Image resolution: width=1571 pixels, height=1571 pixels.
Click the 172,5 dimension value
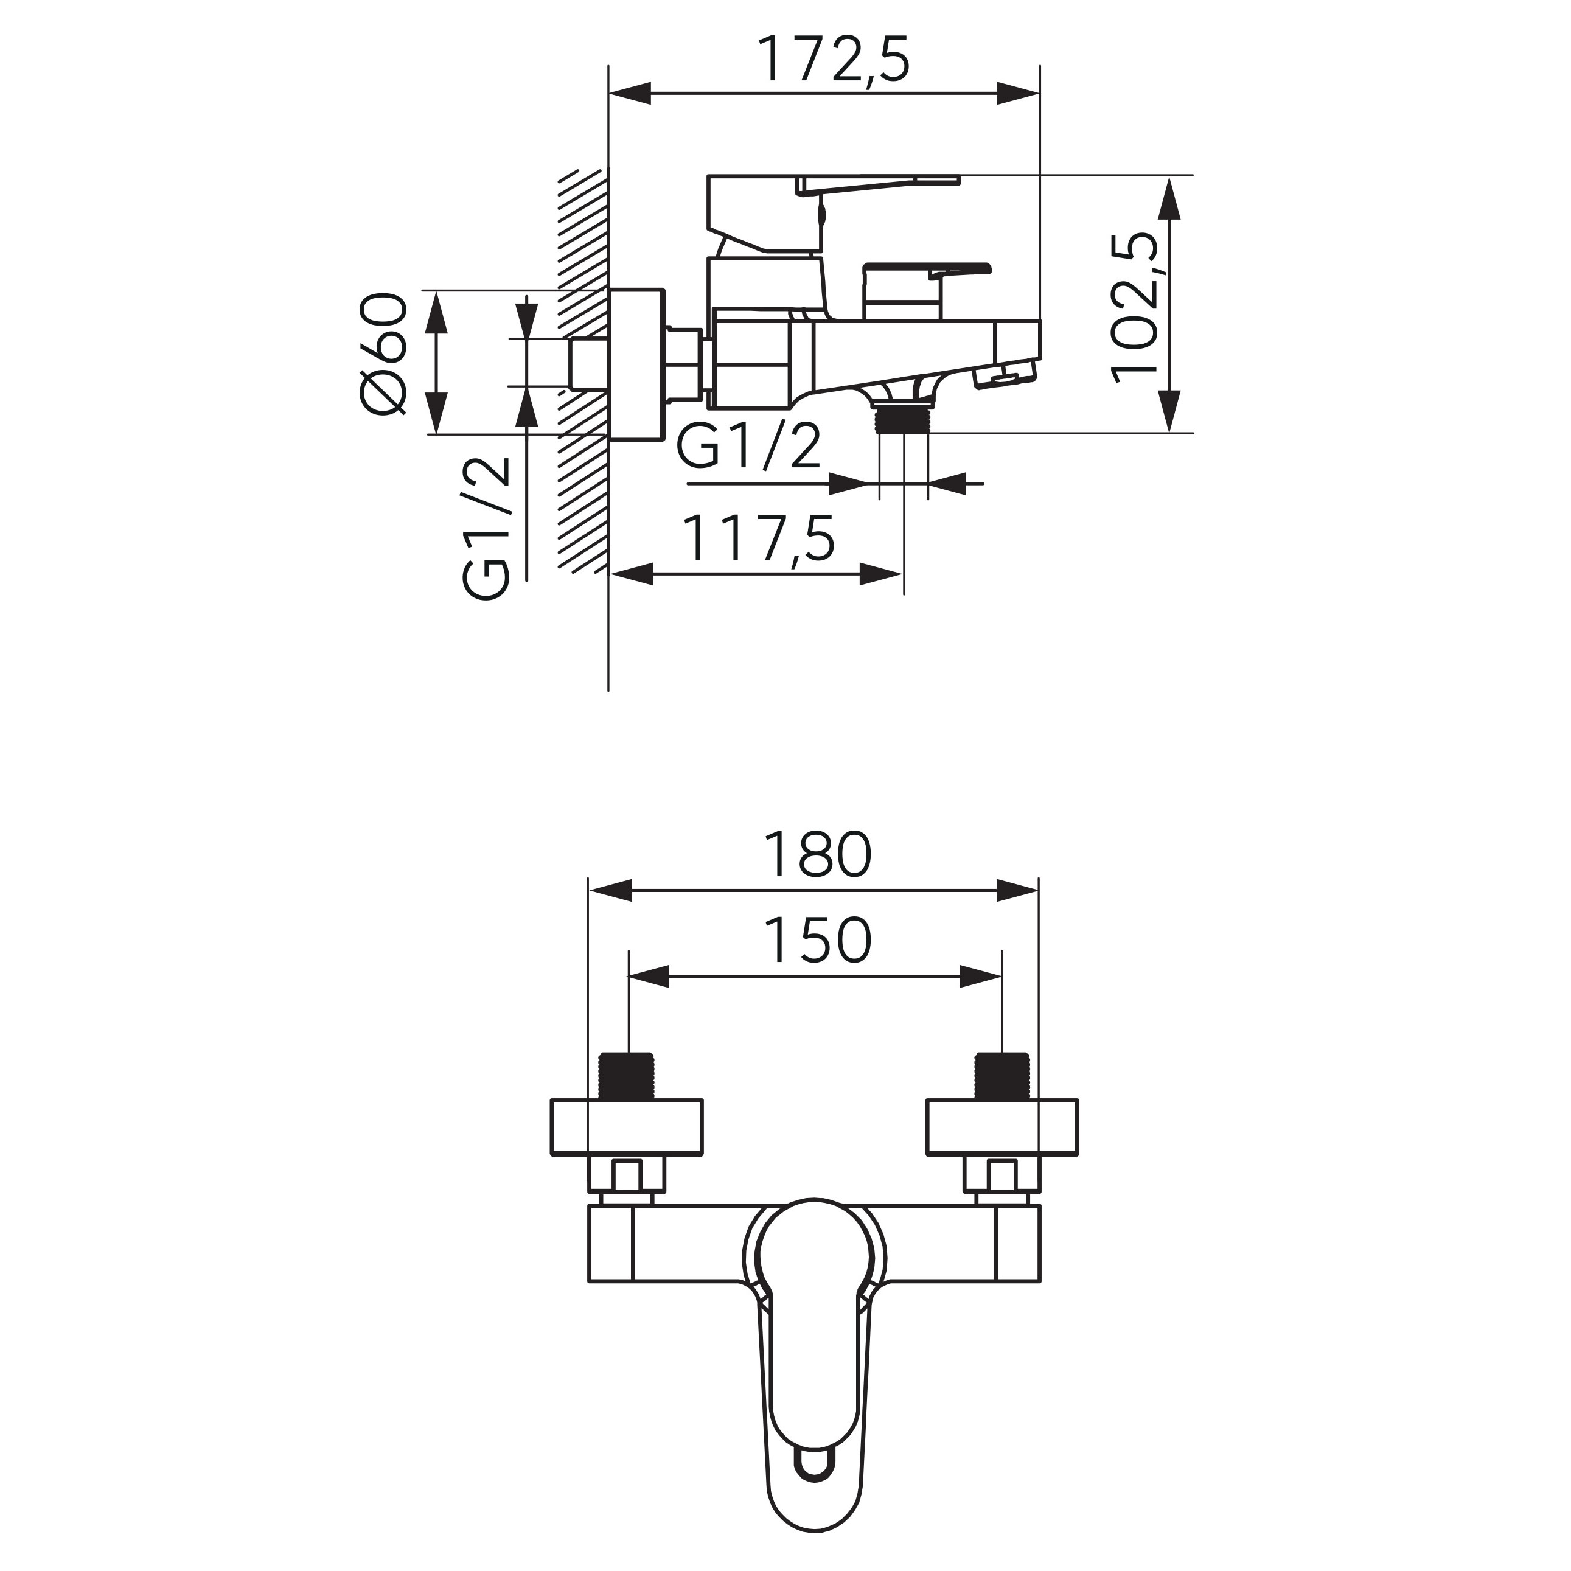point(834,58)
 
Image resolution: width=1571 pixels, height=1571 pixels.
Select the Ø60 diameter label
point(382,355)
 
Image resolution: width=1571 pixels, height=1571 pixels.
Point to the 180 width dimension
point(817,855)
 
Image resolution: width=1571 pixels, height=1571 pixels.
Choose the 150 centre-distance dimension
point(817,940)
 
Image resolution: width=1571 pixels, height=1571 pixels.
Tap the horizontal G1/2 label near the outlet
point(749,448)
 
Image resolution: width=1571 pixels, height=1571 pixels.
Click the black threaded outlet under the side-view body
point(904,418)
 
